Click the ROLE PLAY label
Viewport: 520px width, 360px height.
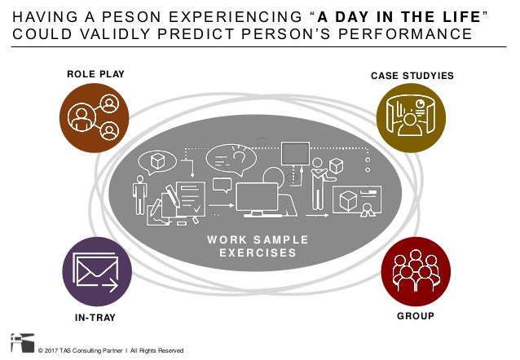(95, 76)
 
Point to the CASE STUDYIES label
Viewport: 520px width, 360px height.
(412, 76)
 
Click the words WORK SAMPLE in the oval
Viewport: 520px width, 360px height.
(258, 239)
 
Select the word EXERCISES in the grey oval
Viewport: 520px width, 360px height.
(258, 252)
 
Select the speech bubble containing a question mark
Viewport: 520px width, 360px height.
(231, 156)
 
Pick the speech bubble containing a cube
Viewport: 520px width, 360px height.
(157, 161)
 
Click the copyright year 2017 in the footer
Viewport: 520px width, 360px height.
(57, 350)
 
